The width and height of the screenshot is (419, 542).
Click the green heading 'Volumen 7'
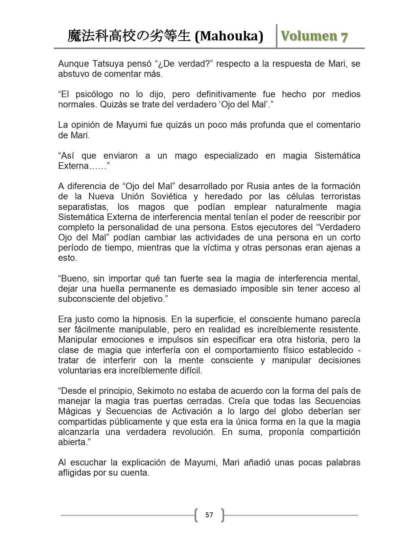click(314, 36)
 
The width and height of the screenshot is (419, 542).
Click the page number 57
click(209, 515)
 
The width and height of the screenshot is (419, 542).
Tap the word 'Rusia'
click(260, 186)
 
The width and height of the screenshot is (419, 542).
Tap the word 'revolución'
click(194, 432)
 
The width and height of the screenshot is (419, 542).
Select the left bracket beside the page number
click(197, 515)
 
